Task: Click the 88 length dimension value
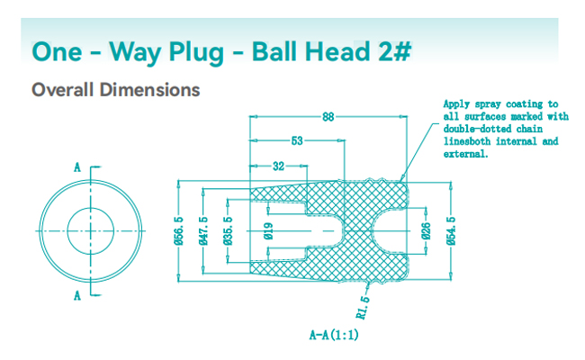click(328, 116)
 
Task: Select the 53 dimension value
click(296, 140)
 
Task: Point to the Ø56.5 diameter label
click(177, 231)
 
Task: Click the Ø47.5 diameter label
click(204, 231)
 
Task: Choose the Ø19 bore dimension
click(268, 231)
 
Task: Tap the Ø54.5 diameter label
click(450, 231)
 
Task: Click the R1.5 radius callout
click(364, 307)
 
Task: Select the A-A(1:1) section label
click(335, 335)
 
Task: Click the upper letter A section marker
click(78, 167)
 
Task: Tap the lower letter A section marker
click(78, 295)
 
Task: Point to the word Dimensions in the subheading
click(148, 90)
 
